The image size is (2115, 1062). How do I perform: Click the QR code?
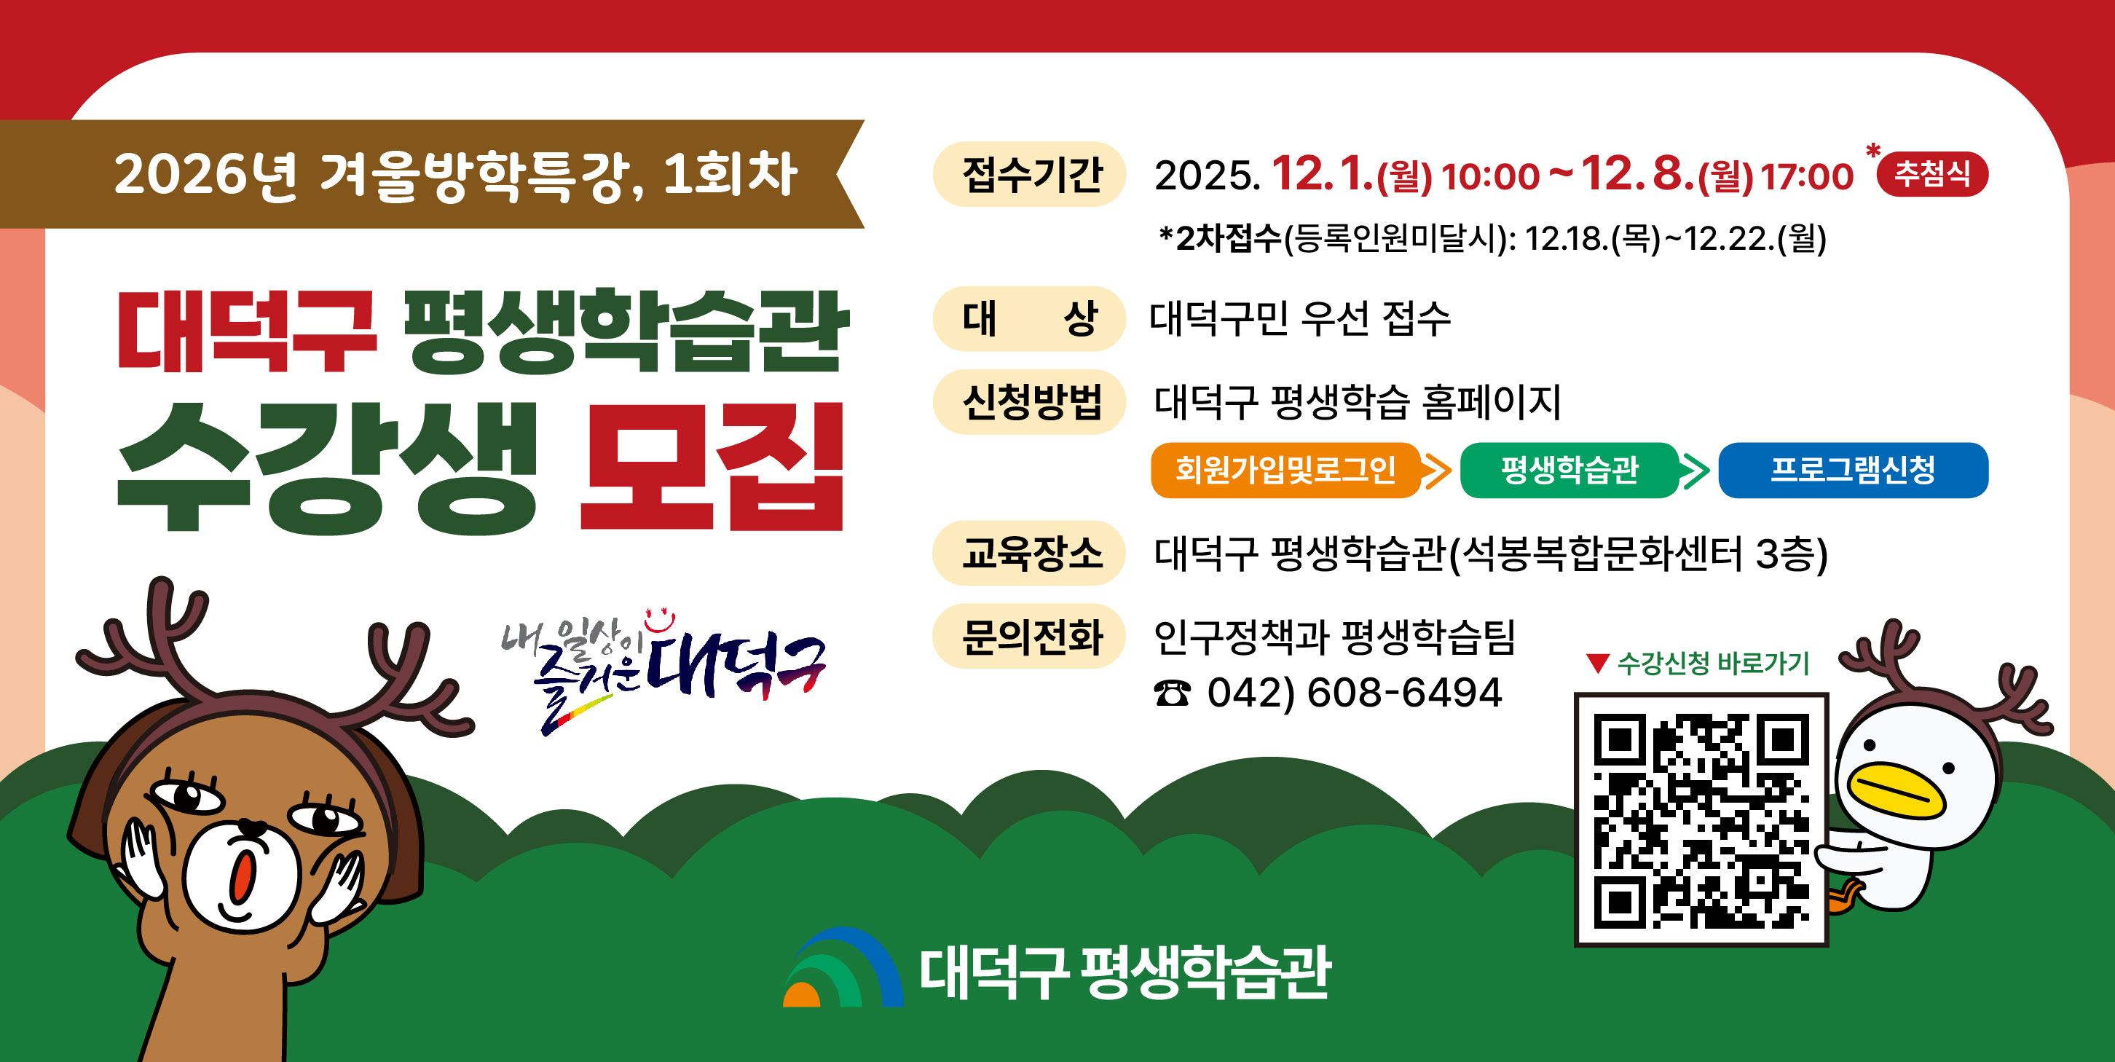pos(1701,819)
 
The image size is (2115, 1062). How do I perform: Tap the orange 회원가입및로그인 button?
pos(1285,470)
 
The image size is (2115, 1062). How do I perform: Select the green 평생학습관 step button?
pos(1569,470)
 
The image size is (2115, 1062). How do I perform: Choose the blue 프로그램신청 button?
pos(1852,470)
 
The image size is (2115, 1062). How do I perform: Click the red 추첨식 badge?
pos(1932,174)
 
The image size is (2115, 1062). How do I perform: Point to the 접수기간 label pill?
pos(1030,174)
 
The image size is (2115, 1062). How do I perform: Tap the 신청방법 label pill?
pos(1030,401)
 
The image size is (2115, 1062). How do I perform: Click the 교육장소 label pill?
pos(1030,553)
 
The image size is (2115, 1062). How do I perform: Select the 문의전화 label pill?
pos(1030,637)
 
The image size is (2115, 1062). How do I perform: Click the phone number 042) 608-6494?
pos(1355,693)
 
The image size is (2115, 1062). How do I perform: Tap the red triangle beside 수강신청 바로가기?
pos(1598,663)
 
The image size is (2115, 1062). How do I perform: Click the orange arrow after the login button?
pos(1437,471)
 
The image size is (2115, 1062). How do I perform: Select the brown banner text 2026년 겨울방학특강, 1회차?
pos(456,175)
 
